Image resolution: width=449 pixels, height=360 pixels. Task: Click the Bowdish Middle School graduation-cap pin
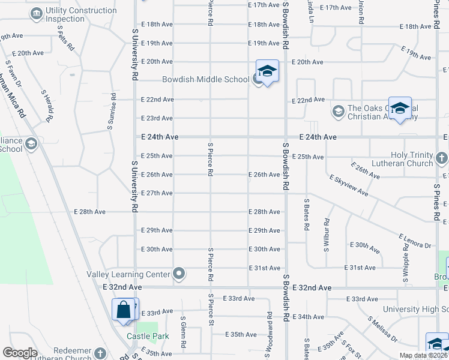(x=267, y=72)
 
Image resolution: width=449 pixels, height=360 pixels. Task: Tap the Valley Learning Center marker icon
(x=179, y=274)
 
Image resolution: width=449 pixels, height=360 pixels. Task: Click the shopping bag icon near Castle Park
(x=124, y=310)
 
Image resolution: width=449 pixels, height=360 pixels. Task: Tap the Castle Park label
(x=142, y=336)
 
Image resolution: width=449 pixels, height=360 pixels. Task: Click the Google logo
(x=20, y=353)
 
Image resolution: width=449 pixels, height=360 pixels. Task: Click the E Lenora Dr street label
(x=415, y=241)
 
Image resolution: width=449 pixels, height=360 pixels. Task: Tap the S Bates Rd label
(x=306, y=215)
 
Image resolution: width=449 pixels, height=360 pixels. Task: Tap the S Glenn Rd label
(x=183, y=334)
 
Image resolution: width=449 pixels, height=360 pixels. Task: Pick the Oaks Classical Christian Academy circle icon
(x=338, y=111)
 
